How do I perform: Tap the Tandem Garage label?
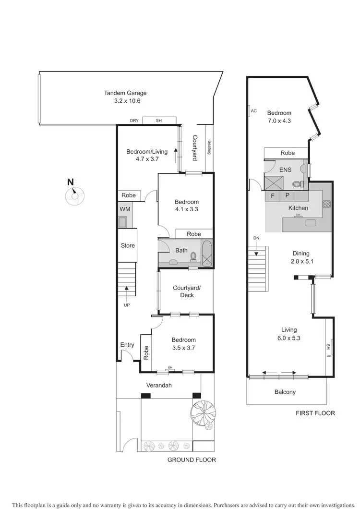click(125, 93)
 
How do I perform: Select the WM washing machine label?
click(125, 209)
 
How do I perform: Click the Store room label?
click(128, 245)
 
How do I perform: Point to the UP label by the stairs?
click(127, 305)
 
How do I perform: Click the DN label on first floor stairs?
click(256, 238)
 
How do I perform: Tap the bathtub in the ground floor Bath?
click(207, 254)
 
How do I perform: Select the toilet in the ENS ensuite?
click(297, 183)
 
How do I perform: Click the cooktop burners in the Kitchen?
click(327, 204)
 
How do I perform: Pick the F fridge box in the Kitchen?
click(272, 196)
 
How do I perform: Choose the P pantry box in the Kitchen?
click(287, 196)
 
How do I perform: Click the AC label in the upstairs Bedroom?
click(253, 111)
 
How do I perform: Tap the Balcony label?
click(285, 392)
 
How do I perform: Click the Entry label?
click(127, 345)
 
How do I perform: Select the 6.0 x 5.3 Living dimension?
click(289, 338)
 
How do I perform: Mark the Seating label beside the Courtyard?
click(209, 147)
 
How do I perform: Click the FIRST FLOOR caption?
click(315, 413)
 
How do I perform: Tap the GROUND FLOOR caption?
click(192, 460)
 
